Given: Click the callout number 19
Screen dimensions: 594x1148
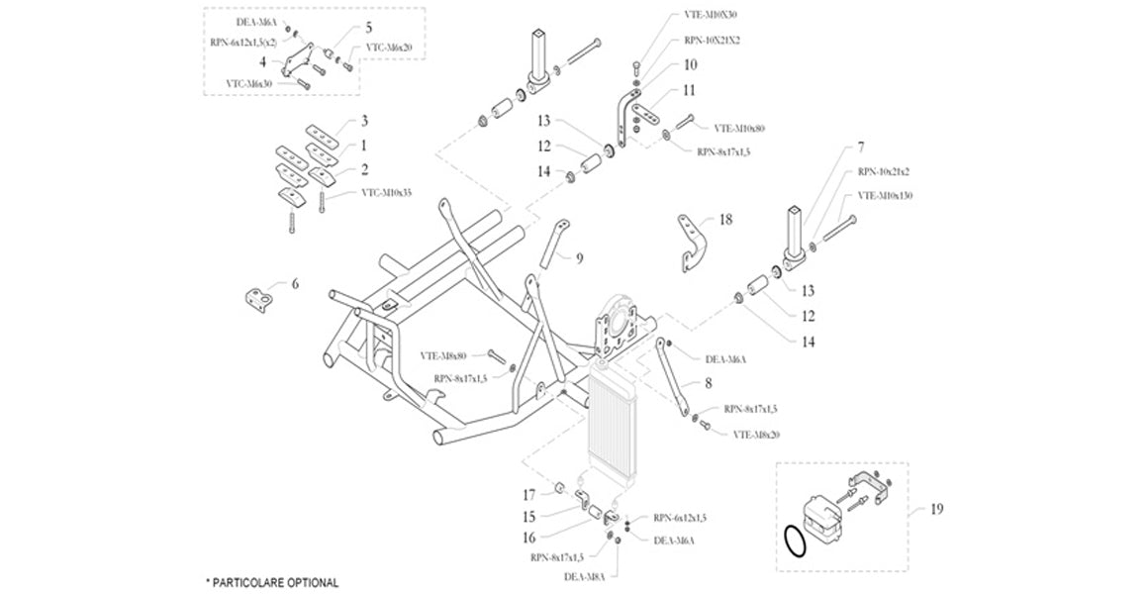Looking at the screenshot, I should pyautogui.click(x=936, y=509).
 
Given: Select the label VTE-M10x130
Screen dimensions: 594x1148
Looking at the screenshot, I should pyautogui.click(x=885, y=196).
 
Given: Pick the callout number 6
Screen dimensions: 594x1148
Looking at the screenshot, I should pyautogui.click(x=294, y=284).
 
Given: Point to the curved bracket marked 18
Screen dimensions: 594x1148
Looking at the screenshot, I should pyautogui.click(x=691, y=240).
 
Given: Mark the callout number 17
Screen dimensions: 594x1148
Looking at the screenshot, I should pyautogui.click(x=529, y=494).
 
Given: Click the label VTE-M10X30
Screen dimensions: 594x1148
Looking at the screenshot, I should pyautogui.click(x=710, y=15).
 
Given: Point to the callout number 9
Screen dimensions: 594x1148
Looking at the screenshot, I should pyautogui.click(x=579, y=259).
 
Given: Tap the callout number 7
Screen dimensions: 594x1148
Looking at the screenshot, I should pyautogui.click(x=847, y=148).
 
